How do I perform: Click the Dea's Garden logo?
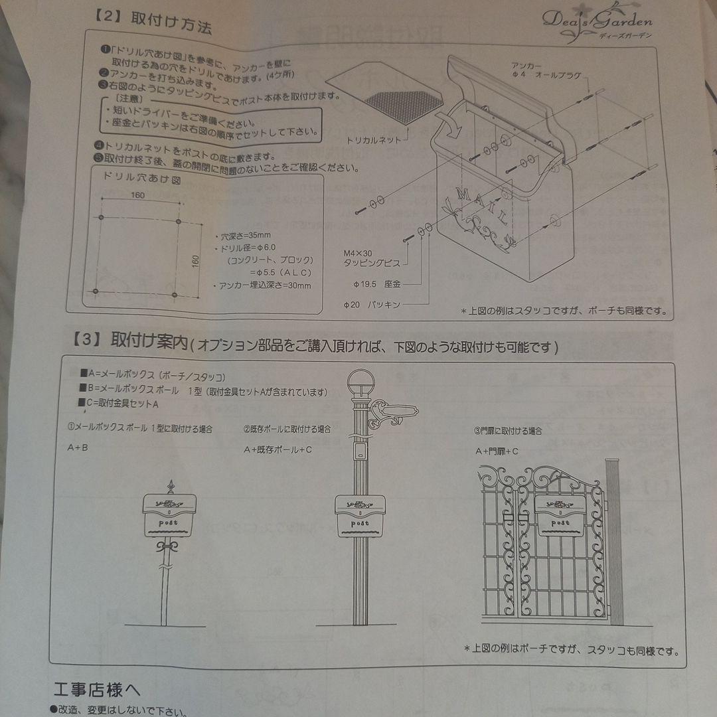(x=597, y=22)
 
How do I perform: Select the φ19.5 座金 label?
(x=376, y=283)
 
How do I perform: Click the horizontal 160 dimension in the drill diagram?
(x=137, y=195)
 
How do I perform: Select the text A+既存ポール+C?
(x=278, y=449)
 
